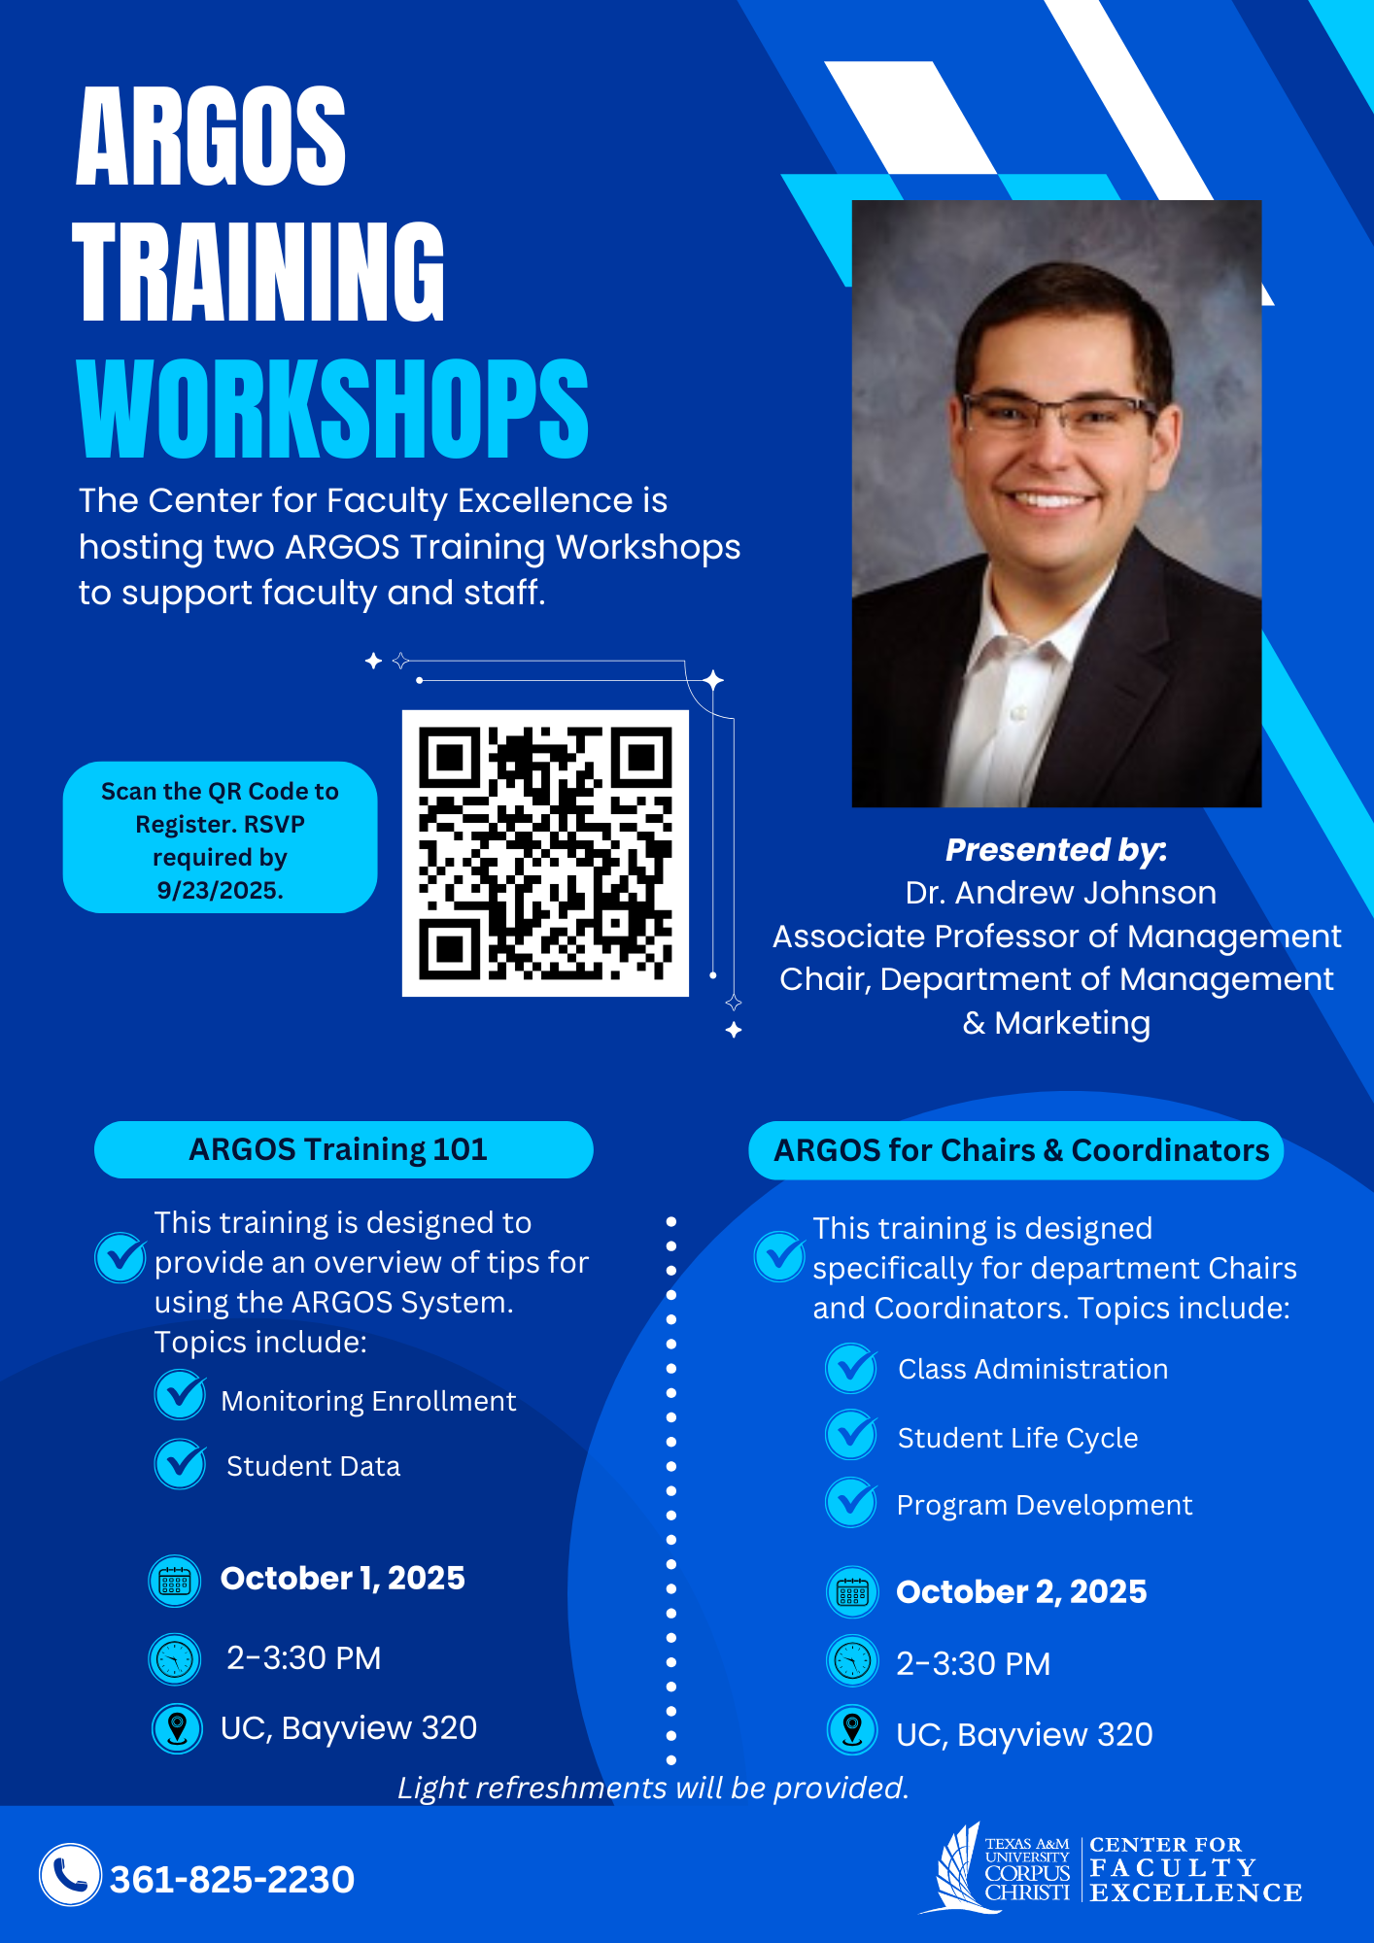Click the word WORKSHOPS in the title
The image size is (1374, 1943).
(332, 408)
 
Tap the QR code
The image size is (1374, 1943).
(545, 853)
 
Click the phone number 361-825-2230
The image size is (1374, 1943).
(232, 1880)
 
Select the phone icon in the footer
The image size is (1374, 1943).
(70, 1874)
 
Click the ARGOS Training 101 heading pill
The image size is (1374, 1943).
(343, 1149)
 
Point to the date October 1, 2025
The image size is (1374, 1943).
(343, 1578)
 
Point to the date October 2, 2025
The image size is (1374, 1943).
(1021, 1591)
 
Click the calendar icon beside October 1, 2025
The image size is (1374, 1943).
(175, 1581)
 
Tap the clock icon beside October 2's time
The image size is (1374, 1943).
(852, 1661)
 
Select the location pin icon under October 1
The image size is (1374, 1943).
(177, 1728)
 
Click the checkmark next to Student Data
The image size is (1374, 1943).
(181, 1464)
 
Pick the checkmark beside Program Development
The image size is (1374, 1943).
(852, 1502)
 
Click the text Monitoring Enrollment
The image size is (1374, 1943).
(368, 1401)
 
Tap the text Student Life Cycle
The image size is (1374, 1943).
(1017, 1438)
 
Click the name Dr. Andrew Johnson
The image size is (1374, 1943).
(1060, 892)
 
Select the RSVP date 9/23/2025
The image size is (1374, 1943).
(220, 890)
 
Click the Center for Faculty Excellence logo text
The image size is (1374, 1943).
(1195, 1869)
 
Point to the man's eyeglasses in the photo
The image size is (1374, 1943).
(1059, 412)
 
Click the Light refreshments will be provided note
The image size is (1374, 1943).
(653, 1788)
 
